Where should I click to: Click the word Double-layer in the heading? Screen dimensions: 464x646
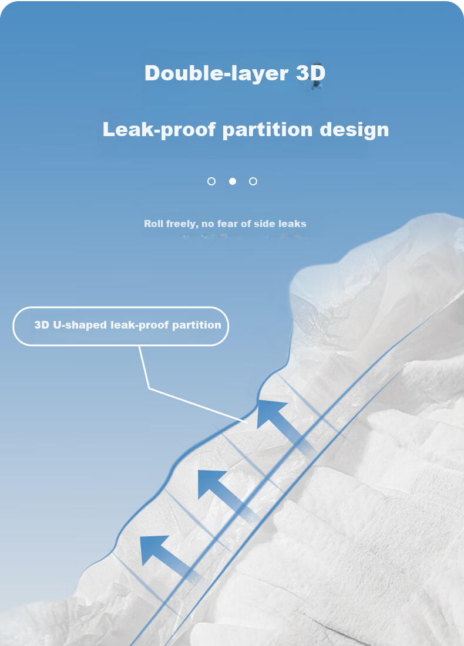217,74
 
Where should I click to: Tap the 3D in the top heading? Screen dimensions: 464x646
311,73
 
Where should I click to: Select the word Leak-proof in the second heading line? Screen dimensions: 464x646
159,130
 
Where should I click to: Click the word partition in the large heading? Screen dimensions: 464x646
268,130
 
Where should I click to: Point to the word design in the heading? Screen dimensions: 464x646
354,130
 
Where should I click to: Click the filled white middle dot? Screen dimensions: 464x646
233,181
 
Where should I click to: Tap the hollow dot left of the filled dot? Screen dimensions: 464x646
211,181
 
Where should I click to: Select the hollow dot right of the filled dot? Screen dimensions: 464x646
253,181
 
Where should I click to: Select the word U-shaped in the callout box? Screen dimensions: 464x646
80,325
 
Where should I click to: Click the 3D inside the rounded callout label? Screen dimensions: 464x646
42,325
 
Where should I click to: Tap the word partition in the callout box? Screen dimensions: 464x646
196,326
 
